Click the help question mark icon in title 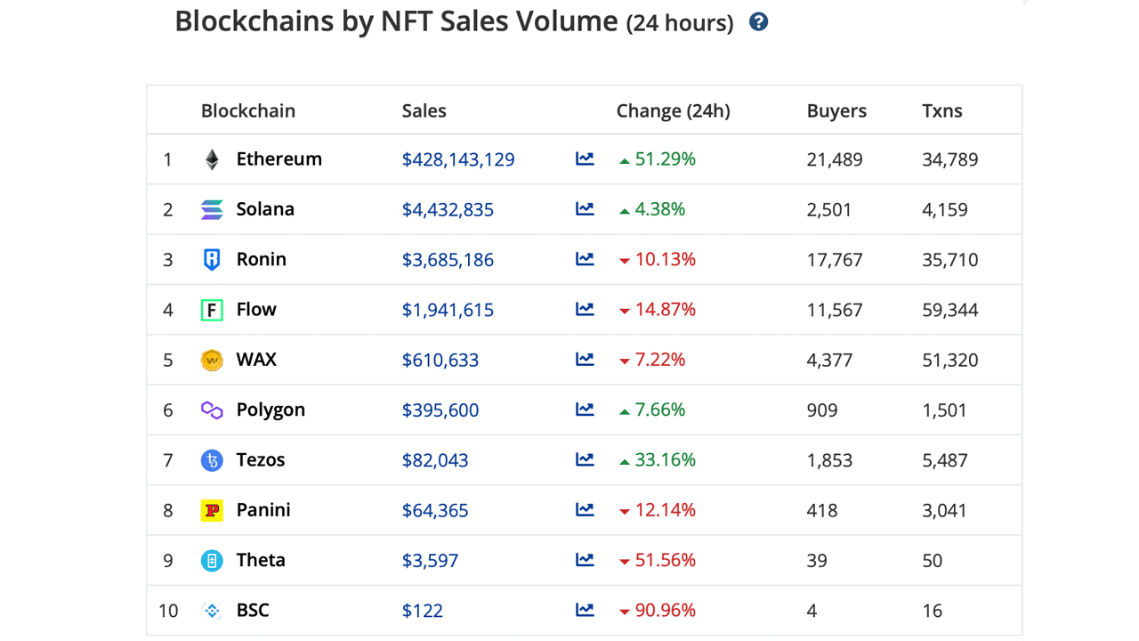758,22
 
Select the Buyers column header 836,111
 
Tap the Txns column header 941,111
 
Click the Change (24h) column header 673,111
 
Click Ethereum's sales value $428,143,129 457,160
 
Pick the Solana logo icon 212,210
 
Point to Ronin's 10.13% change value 665,260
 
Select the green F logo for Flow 212,310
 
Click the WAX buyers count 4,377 828,361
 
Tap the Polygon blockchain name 271,410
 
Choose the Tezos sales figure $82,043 434,460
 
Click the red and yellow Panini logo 212,510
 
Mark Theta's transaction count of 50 932,561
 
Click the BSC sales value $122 422,611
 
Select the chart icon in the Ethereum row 585,159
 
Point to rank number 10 168,611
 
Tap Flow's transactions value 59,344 949,311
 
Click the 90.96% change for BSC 665,611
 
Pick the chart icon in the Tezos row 585,460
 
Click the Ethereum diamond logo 212,159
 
